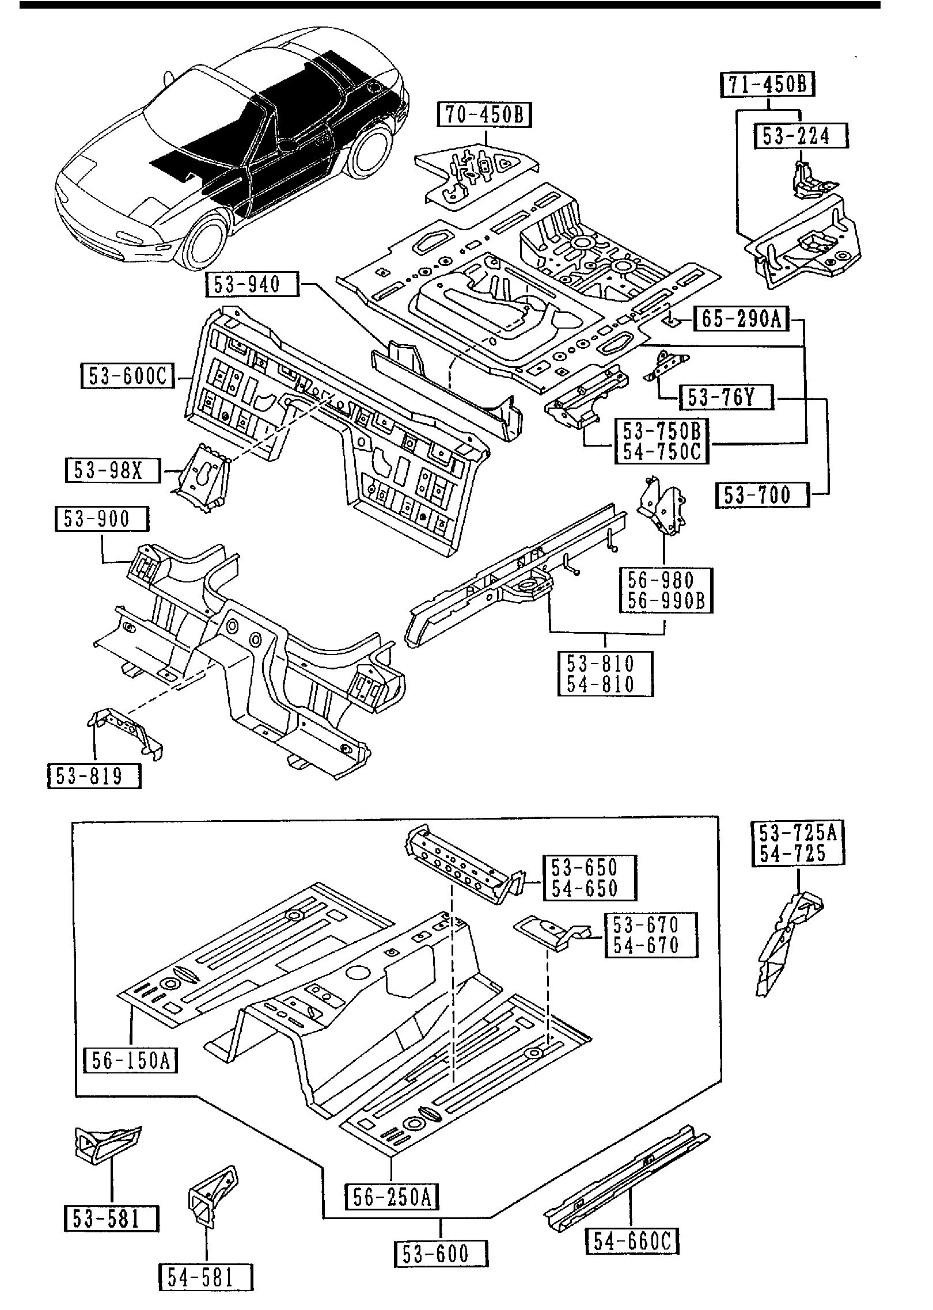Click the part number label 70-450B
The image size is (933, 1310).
coord(484,115)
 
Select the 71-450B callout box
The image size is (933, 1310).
coord(768,85)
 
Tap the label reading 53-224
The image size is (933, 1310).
coord(801,136)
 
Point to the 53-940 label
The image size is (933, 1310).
coord(252,284)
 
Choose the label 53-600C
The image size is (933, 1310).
coord(127,376)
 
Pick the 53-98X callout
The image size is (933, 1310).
coord(112,471)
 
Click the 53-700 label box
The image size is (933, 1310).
coord(762,495)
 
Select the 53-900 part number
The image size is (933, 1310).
coord(101,519)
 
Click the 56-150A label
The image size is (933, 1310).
coord(130,1060)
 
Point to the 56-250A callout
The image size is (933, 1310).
coord(392,1197)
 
